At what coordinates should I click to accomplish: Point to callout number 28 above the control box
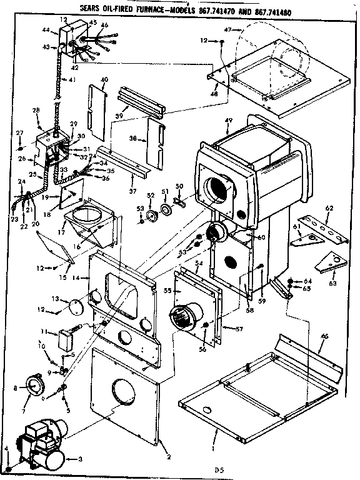click(36, 111)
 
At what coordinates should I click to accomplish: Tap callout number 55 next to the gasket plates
click(167, 291)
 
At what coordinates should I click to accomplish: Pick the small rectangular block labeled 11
click(66, 341)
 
